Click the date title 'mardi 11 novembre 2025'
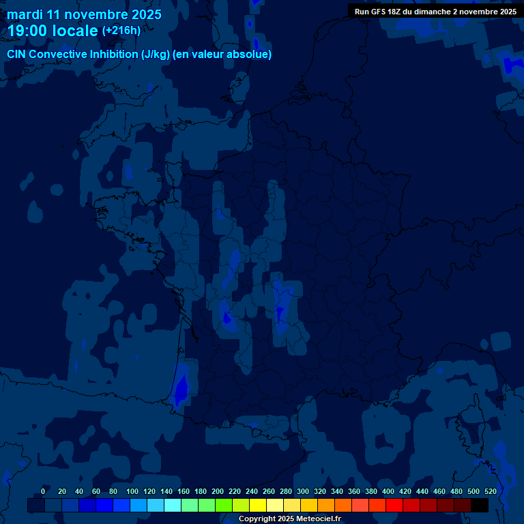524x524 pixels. coord(84,14)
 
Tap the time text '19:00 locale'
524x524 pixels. coord(53,31)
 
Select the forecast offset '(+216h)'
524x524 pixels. coord(121,30)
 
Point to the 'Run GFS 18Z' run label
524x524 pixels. coord(379,12)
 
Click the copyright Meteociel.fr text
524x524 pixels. coord(289,519)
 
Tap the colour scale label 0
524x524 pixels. coord(43,491)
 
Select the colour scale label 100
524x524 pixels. coord(130,491)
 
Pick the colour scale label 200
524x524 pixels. coord(218,491)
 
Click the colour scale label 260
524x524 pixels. coord(269,491)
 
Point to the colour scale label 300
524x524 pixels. coord(303,491)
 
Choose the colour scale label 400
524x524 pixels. coord(388,491)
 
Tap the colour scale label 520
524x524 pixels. coord(491,491)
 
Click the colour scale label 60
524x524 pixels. coord(96,491)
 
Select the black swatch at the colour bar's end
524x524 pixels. coord(480,506)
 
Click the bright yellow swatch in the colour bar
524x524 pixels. coord(258,506)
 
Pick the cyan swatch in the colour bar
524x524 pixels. coord(173,506)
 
